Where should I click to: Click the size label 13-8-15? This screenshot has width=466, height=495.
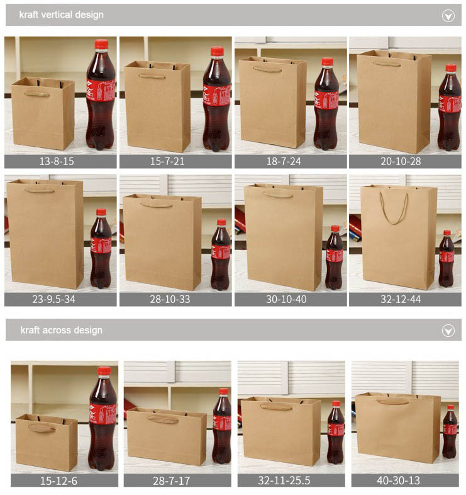click(x=57, y=161)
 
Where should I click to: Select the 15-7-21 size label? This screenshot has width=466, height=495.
click(x=167, y=161)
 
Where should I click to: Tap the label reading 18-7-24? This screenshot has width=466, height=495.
click(x=284, y=161)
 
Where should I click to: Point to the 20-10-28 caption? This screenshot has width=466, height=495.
click(x=401, y=161)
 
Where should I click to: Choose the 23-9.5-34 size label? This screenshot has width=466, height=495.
click(x=54, y=299)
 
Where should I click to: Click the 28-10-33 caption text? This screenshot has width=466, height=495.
click(x=170, y=299)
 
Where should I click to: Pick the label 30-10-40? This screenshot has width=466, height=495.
click(x=286, y=299)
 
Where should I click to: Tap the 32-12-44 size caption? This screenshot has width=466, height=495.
click(x=401, y=299)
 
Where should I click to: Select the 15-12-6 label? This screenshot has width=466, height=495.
click(x=58, y=481)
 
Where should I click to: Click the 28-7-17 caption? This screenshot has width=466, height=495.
click(x=171, y=481)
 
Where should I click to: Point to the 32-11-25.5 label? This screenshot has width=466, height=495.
click(x=284, y=481)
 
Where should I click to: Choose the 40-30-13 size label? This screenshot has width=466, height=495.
click(x=399, y=481)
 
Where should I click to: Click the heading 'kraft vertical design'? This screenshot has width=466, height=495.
click(x=61, y=15)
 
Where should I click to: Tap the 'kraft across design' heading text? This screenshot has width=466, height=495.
click(x=61, y=330)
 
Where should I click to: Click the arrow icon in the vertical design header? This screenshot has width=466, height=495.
click(x=448, y=16)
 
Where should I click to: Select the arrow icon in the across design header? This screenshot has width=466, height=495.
click(x=448, y=331)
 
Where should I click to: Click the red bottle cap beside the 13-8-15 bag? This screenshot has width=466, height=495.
click(x=101, y=44)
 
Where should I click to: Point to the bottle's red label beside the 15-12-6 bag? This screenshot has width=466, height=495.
click(x=103, y=414)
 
